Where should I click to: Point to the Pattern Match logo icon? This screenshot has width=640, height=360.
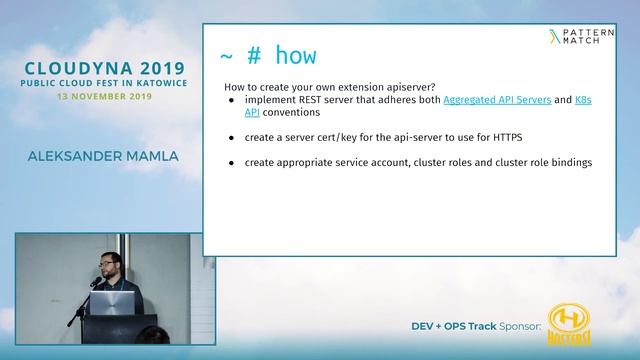tap(556, 37)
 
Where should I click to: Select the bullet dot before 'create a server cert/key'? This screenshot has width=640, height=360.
tap(232, 136)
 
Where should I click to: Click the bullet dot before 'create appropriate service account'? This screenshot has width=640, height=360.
tap(232, 162)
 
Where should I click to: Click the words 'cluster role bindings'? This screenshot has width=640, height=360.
tap(545, 162)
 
